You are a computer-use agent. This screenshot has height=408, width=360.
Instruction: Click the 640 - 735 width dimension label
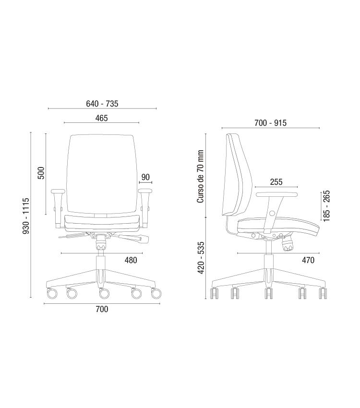tap(102, 104)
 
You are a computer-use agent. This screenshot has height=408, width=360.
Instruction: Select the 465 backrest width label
tap(101, 118)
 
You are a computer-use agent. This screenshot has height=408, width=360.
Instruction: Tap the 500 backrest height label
tap(41, 173)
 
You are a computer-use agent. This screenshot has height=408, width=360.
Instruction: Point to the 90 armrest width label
tap(145, 177)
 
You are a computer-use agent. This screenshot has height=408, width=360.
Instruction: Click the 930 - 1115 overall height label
tap(26, 216)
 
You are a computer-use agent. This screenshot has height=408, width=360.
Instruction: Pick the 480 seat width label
tap(131, 260)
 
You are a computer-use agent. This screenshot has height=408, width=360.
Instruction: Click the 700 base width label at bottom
tap(102, 309)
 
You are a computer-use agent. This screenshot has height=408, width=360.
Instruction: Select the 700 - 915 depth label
tap(270, 123)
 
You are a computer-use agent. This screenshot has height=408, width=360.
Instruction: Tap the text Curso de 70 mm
tap(200, 177)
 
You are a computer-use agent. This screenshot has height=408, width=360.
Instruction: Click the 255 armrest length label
tap(276, 182)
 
